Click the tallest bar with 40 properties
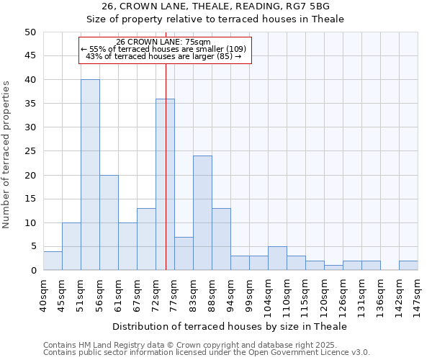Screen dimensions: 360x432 point(90,175)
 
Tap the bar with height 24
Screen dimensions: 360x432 point(202,213)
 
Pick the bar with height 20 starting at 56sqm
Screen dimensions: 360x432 point(109,222)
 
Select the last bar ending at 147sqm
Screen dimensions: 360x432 point(408,266)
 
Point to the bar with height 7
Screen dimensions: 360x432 point(184,253)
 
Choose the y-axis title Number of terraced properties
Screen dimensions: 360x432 point(6,155)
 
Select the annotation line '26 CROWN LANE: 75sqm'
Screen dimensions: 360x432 point(163,42)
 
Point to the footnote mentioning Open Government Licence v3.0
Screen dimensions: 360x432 point(207,353)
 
